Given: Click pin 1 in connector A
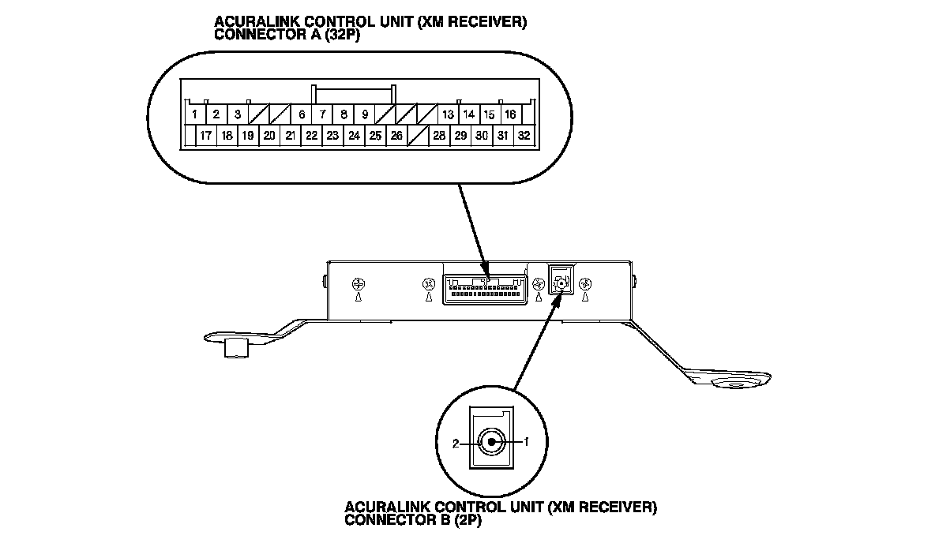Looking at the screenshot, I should [194, 114].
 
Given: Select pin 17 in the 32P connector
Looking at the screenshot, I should [205, 136].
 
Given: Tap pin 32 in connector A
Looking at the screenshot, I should [524, 136].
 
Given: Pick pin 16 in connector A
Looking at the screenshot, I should [510, 114].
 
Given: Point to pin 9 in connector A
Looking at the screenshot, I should [365, 114].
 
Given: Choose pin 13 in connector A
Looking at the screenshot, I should [448, 114].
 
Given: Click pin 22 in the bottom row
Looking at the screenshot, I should [312, 136].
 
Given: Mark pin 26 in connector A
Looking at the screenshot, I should [396, 136].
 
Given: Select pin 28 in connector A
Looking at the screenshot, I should [439, 136].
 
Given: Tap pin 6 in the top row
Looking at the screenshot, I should [302, 114].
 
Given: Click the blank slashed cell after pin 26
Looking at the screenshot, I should [418, 136].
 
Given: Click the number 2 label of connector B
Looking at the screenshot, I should [456, 444].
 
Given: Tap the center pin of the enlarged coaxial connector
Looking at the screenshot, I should [492, 442].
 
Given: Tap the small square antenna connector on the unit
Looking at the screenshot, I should [560, 279].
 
